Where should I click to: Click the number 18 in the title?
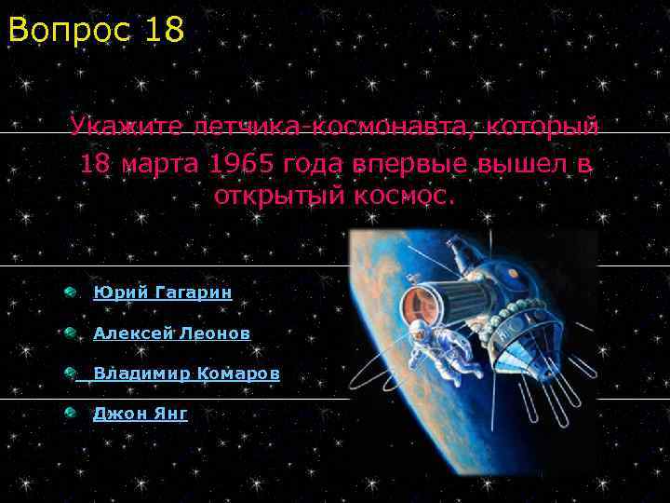(165, 30)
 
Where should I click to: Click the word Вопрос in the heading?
(71, 30)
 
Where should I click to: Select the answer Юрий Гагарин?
(163, 292)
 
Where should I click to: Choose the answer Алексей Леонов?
(171, 333)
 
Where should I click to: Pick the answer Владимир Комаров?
(186, 374)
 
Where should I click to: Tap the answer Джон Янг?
(140, 414)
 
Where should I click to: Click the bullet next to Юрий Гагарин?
(71, 292)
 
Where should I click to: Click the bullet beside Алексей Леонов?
(71, 333)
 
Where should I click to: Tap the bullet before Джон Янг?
(71, 414)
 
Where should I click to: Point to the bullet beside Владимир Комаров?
(71, 374)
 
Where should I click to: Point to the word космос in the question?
(407, 197)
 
